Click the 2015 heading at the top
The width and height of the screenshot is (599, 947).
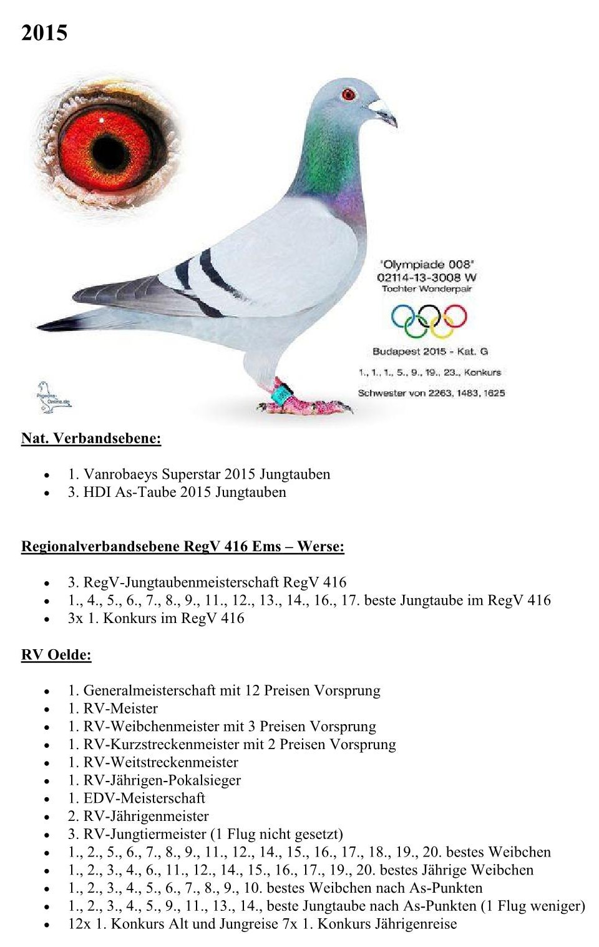click(x=44, y=32)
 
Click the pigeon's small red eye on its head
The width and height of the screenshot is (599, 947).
click(x=348, y=95)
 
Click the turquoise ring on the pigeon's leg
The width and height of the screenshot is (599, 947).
click(x=281, y=394)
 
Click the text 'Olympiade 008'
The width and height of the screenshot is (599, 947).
click(x=427, y=265)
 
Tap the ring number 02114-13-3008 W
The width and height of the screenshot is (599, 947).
click(x=427, y=277)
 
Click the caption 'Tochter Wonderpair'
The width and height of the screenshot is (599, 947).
click(x=427, y=289)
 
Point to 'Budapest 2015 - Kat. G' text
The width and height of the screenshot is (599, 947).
click(x=430, y=351)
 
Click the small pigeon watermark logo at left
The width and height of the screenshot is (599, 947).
click(x=52, y=398)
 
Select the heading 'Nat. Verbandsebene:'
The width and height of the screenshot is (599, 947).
click(x=91, y=438)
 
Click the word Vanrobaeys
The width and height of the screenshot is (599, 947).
click(x=120, y=474)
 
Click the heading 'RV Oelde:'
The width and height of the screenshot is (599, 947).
click(x=56, y=655)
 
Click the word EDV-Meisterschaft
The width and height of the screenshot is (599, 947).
click(x=144, y=798)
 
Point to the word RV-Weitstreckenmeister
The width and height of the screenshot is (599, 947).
click(x=161, y=762)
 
